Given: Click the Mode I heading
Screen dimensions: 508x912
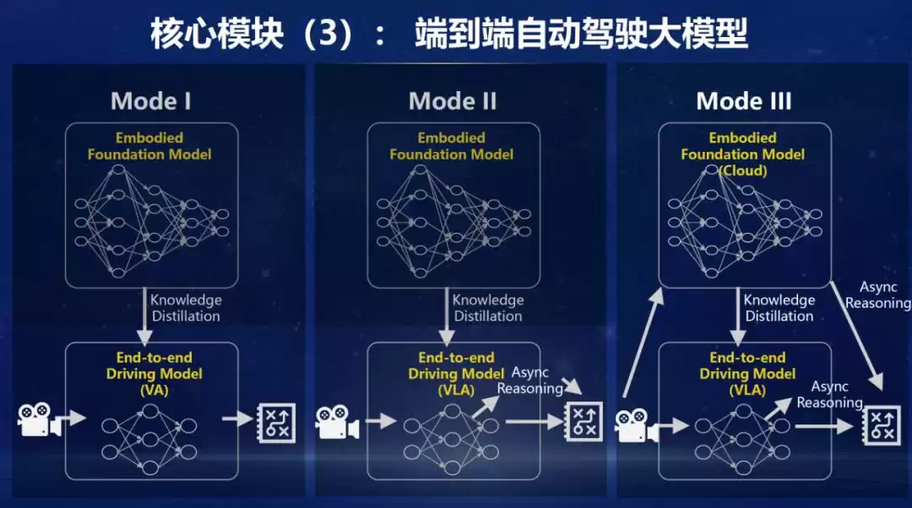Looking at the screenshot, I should click(150, 101).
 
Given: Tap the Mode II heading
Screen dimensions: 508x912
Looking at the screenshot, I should click(453, 101).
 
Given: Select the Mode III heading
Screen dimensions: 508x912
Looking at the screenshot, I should click(743, 101).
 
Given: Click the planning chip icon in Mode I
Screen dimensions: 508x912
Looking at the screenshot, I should click(275, 419).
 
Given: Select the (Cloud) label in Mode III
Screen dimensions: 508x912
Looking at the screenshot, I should click(743, 170).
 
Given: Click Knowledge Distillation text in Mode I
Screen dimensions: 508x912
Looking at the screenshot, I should click(186, 308).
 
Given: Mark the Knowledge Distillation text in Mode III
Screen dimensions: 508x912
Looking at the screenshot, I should click(779, 308).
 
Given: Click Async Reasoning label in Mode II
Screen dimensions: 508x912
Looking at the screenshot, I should click(529, 381).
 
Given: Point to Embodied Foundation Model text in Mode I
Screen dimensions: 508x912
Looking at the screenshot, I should click(149, 146).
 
